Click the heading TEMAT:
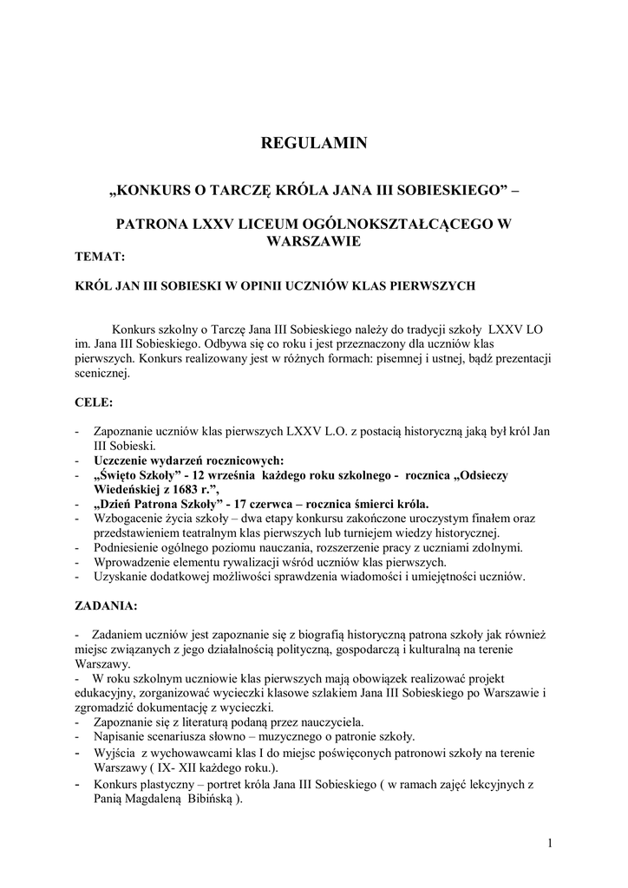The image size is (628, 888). click(x=100, y=257)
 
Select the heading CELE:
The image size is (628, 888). click(x=94, y=403)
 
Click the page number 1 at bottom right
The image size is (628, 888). click(x=550, y=842)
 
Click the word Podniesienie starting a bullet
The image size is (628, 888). click(x=133, y=547)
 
